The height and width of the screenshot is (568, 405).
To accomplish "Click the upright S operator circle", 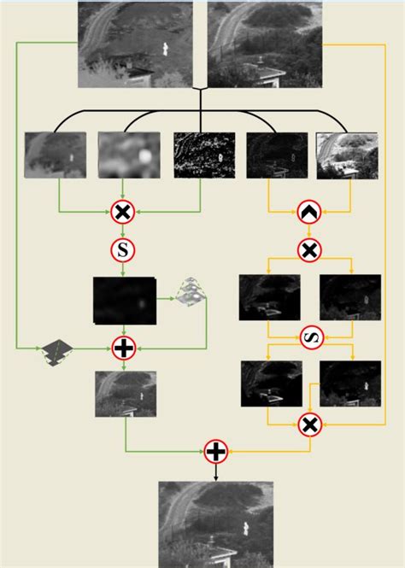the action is tap(123, 250).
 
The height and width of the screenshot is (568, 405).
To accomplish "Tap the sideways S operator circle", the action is tap(312, 337).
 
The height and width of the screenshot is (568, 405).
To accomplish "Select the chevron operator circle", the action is tap(309, 212).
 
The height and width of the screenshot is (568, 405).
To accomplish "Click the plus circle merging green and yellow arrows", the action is tap(216, 451).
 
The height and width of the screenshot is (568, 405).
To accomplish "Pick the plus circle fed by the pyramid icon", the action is tap(124, 348).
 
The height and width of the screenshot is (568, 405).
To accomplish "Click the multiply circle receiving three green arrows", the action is tap(123, 212).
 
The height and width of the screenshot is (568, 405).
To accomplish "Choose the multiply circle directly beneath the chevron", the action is tap(309, 250).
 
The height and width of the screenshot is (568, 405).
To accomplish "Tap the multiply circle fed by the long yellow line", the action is tap(310, 425).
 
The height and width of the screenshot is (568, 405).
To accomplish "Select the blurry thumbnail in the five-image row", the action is tap(129, 155).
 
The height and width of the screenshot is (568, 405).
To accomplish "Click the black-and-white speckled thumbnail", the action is tap(204, 155).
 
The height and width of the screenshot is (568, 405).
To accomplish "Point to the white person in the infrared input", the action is tap(165, 50).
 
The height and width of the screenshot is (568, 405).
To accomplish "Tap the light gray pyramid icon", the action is tap(191, 291).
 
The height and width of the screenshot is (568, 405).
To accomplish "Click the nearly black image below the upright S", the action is tap(125, 301).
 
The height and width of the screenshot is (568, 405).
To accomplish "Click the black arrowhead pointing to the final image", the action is tap(216, 478).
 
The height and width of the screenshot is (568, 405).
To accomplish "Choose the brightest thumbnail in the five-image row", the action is tap(347, 155).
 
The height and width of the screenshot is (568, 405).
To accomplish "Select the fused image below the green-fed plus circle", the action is tap(126, 394).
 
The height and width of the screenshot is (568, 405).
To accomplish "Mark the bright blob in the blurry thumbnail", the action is tap(144, 156).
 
